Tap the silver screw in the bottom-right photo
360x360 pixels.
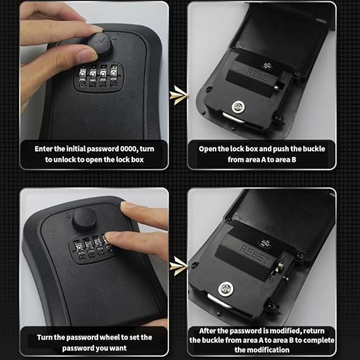click(x=225, y=290)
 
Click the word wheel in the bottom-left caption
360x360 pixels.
click(x=108, y=337)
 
